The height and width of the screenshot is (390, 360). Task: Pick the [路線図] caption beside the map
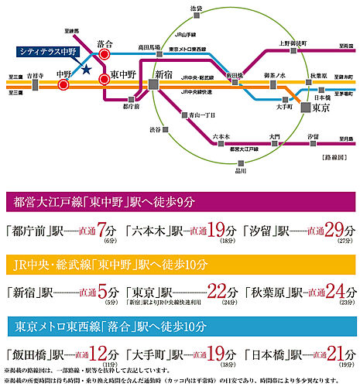pos(334,157)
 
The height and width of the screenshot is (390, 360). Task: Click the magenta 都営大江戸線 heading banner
pos(180,203)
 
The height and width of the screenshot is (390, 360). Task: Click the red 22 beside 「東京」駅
pos(219,292)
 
